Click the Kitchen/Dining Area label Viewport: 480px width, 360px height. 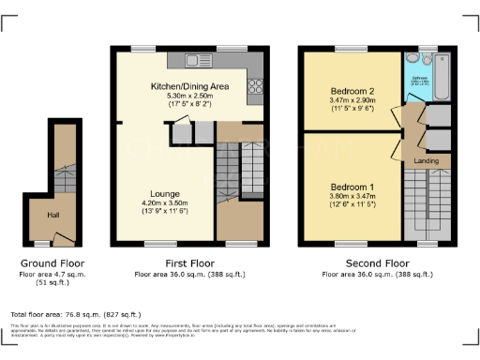[x=190, y=86]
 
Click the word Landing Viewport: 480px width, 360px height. [x=427, y=161]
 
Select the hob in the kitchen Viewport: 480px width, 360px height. [x=253, y=89]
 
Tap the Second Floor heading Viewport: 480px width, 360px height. [x=377, y=264]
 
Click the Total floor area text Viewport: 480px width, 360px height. [x=75, y=314]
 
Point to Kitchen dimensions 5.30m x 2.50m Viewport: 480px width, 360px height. [x=190, y=96]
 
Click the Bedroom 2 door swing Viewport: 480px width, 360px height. [x=397, y=117]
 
